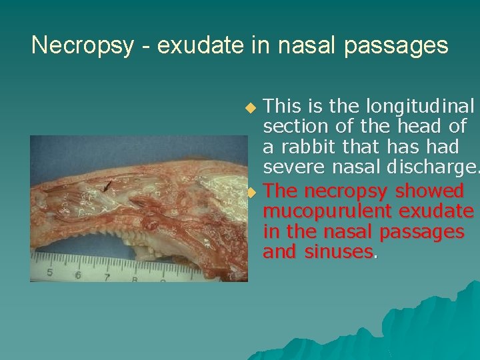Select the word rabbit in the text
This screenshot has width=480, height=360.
click(x=309, y=146)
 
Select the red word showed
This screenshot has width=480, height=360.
click(x=429, y=191)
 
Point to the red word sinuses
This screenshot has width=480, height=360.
click(x=337, y=252)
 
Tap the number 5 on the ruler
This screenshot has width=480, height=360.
click(x=50, y=273)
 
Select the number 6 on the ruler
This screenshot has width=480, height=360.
click(x=78, y=275)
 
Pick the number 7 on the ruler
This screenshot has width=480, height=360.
click(x=107, y=277)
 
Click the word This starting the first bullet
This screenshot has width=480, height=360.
click(x=282, y=106)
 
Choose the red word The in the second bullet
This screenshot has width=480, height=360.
click(x=281, y=191)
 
